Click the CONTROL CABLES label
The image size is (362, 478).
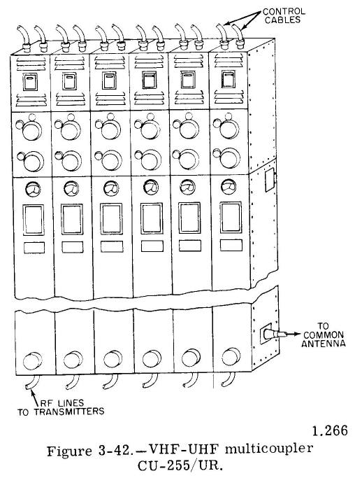point(284,16)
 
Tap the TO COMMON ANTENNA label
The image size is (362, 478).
point(324,335)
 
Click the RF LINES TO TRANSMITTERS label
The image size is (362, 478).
point(61,407)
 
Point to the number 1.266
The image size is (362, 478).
point(330,430)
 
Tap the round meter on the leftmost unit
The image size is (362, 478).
point(33,190)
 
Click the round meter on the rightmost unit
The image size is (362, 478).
point(229,187)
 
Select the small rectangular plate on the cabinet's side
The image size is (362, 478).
point(270,180)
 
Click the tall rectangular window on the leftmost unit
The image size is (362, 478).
point(33,220)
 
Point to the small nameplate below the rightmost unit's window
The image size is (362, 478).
point(231,245)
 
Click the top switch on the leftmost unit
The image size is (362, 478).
point(30,82)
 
